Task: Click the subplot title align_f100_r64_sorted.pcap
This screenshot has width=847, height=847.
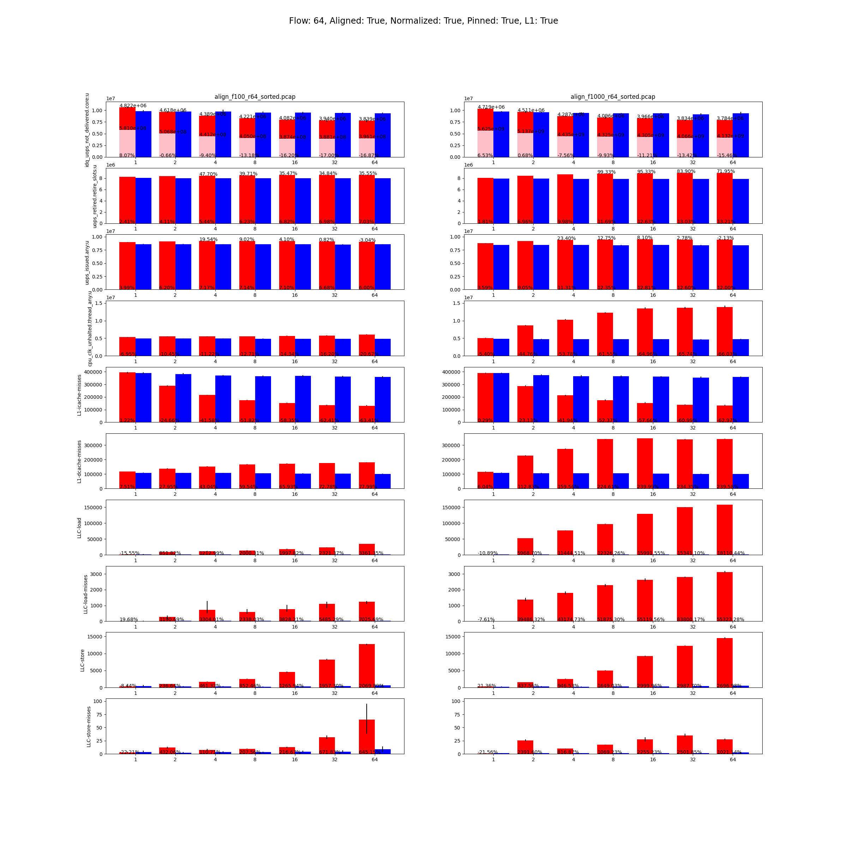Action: pyautogui.click(x=255, y=97)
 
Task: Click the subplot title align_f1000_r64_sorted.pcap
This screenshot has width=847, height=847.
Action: pyautogui.click(x=612, y=97)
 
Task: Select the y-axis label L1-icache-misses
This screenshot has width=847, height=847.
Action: pyautogui.click(x=79, y=395)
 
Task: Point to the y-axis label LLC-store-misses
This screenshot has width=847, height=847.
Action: pyautogui.click(x=89, y=726)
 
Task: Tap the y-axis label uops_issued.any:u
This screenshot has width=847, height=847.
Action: pyautogui.click(x=87, y=263)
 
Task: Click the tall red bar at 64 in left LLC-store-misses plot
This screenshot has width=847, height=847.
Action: pyautogui.click(x=367, y=737)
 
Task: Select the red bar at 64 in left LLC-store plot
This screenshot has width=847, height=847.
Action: pyautogui.click(x=367, y=666)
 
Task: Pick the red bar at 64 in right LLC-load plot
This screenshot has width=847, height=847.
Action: pyautogui.click(x=724, y=530)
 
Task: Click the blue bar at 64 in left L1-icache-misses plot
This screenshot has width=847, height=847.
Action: pyautogui.click(x=383, y=400)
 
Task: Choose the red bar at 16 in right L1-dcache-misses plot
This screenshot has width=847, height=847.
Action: pyautogui.click(x=644, y=463)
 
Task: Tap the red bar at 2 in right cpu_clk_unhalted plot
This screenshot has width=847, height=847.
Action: pyautogui.click(x=525, y=341)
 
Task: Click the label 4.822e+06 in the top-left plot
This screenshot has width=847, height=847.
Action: pyautogui.click(x=133, y=106)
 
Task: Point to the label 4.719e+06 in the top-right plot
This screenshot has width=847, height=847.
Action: pyautogui.click(x=491, y=107)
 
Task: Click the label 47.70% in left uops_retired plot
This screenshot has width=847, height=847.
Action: pyautogui.click(x=208, y=174)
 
